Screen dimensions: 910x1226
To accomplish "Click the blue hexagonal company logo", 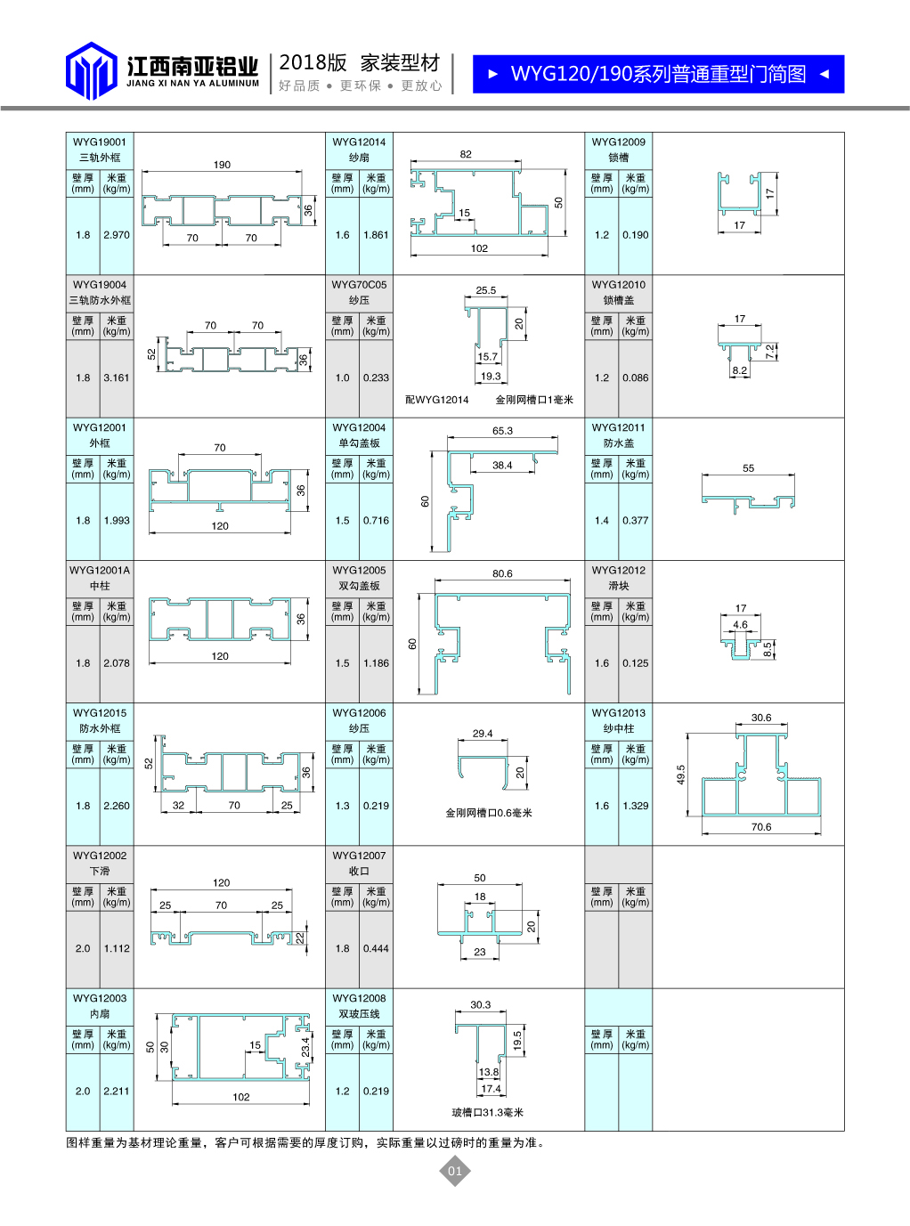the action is coord(91,70).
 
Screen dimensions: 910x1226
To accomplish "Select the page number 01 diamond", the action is coord(454,1171).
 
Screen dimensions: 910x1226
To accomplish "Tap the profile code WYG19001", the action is coord(100,142).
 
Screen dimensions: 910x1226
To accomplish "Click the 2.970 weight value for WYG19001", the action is coord(117,235).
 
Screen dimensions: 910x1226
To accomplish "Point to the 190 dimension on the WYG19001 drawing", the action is coord(222,165).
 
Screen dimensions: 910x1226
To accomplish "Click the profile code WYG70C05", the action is coord(359,285).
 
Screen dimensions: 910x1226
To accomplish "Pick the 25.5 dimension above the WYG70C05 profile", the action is coord(486,290).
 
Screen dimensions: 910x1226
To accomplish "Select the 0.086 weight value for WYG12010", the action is coord(635,378).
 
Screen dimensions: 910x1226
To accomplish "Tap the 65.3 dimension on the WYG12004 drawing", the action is coord(502,431).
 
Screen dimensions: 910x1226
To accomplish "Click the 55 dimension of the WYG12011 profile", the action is coord(748,468).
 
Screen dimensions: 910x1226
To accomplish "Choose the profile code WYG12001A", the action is coord(100,570).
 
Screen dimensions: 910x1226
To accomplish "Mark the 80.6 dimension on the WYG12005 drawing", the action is coord(502,573).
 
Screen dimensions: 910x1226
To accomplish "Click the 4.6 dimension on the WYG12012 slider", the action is coord(740,625).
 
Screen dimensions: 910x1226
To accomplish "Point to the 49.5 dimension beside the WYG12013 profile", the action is coord(680,775).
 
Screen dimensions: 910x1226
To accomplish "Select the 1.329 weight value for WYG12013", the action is coord(635,806).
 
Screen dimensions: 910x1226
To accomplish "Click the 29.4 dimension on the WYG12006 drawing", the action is coord(482,734).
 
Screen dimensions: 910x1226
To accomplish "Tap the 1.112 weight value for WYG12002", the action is coord(117,948).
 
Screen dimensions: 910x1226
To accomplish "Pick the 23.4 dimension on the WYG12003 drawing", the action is coord(305,1047).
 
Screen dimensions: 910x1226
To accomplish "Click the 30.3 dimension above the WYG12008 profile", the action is coord(480,1004).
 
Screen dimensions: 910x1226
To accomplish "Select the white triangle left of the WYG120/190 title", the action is coord(493,74).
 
